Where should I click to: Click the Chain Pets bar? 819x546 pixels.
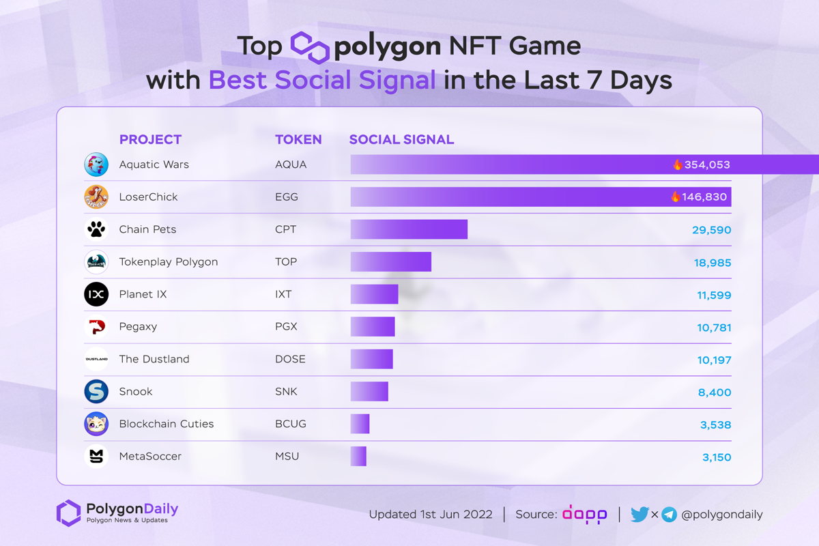coord(409,229)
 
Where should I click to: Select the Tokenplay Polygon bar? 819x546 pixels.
coord(390,261)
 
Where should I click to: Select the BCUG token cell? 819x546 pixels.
coord(290,424)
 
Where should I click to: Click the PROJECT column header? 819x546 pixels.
coord(150,139)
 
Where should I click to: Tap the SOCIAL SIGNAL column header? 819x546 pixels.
coord(401,139)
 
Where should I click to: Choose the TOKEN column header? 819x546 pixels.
coord(298,139)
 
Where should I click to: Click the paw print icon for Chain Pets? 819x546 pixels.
coord(96,229)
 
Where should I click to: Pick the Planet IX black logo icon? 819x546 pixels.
coord(96,294)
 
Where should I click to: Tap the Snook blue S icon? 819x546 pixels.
coord(96,391)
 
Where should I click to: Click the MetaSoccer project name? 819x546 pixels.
coord(150,456)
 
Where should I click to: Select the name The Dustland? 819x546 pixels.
coord(154,359)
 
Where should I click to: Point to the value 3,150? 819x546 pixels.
coord(716,457)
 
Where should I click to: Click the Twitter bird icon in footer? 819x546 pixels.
coord(640,515)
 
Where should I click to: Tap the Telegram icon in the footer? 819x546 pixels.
coord(669,515)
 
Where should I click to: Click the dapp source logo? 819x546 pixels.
coord(584,515)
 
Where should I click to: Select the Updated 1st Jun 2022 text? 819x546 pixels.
coord(431,515)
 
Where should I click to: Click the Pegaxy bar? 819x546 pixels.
coord(373,326)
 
